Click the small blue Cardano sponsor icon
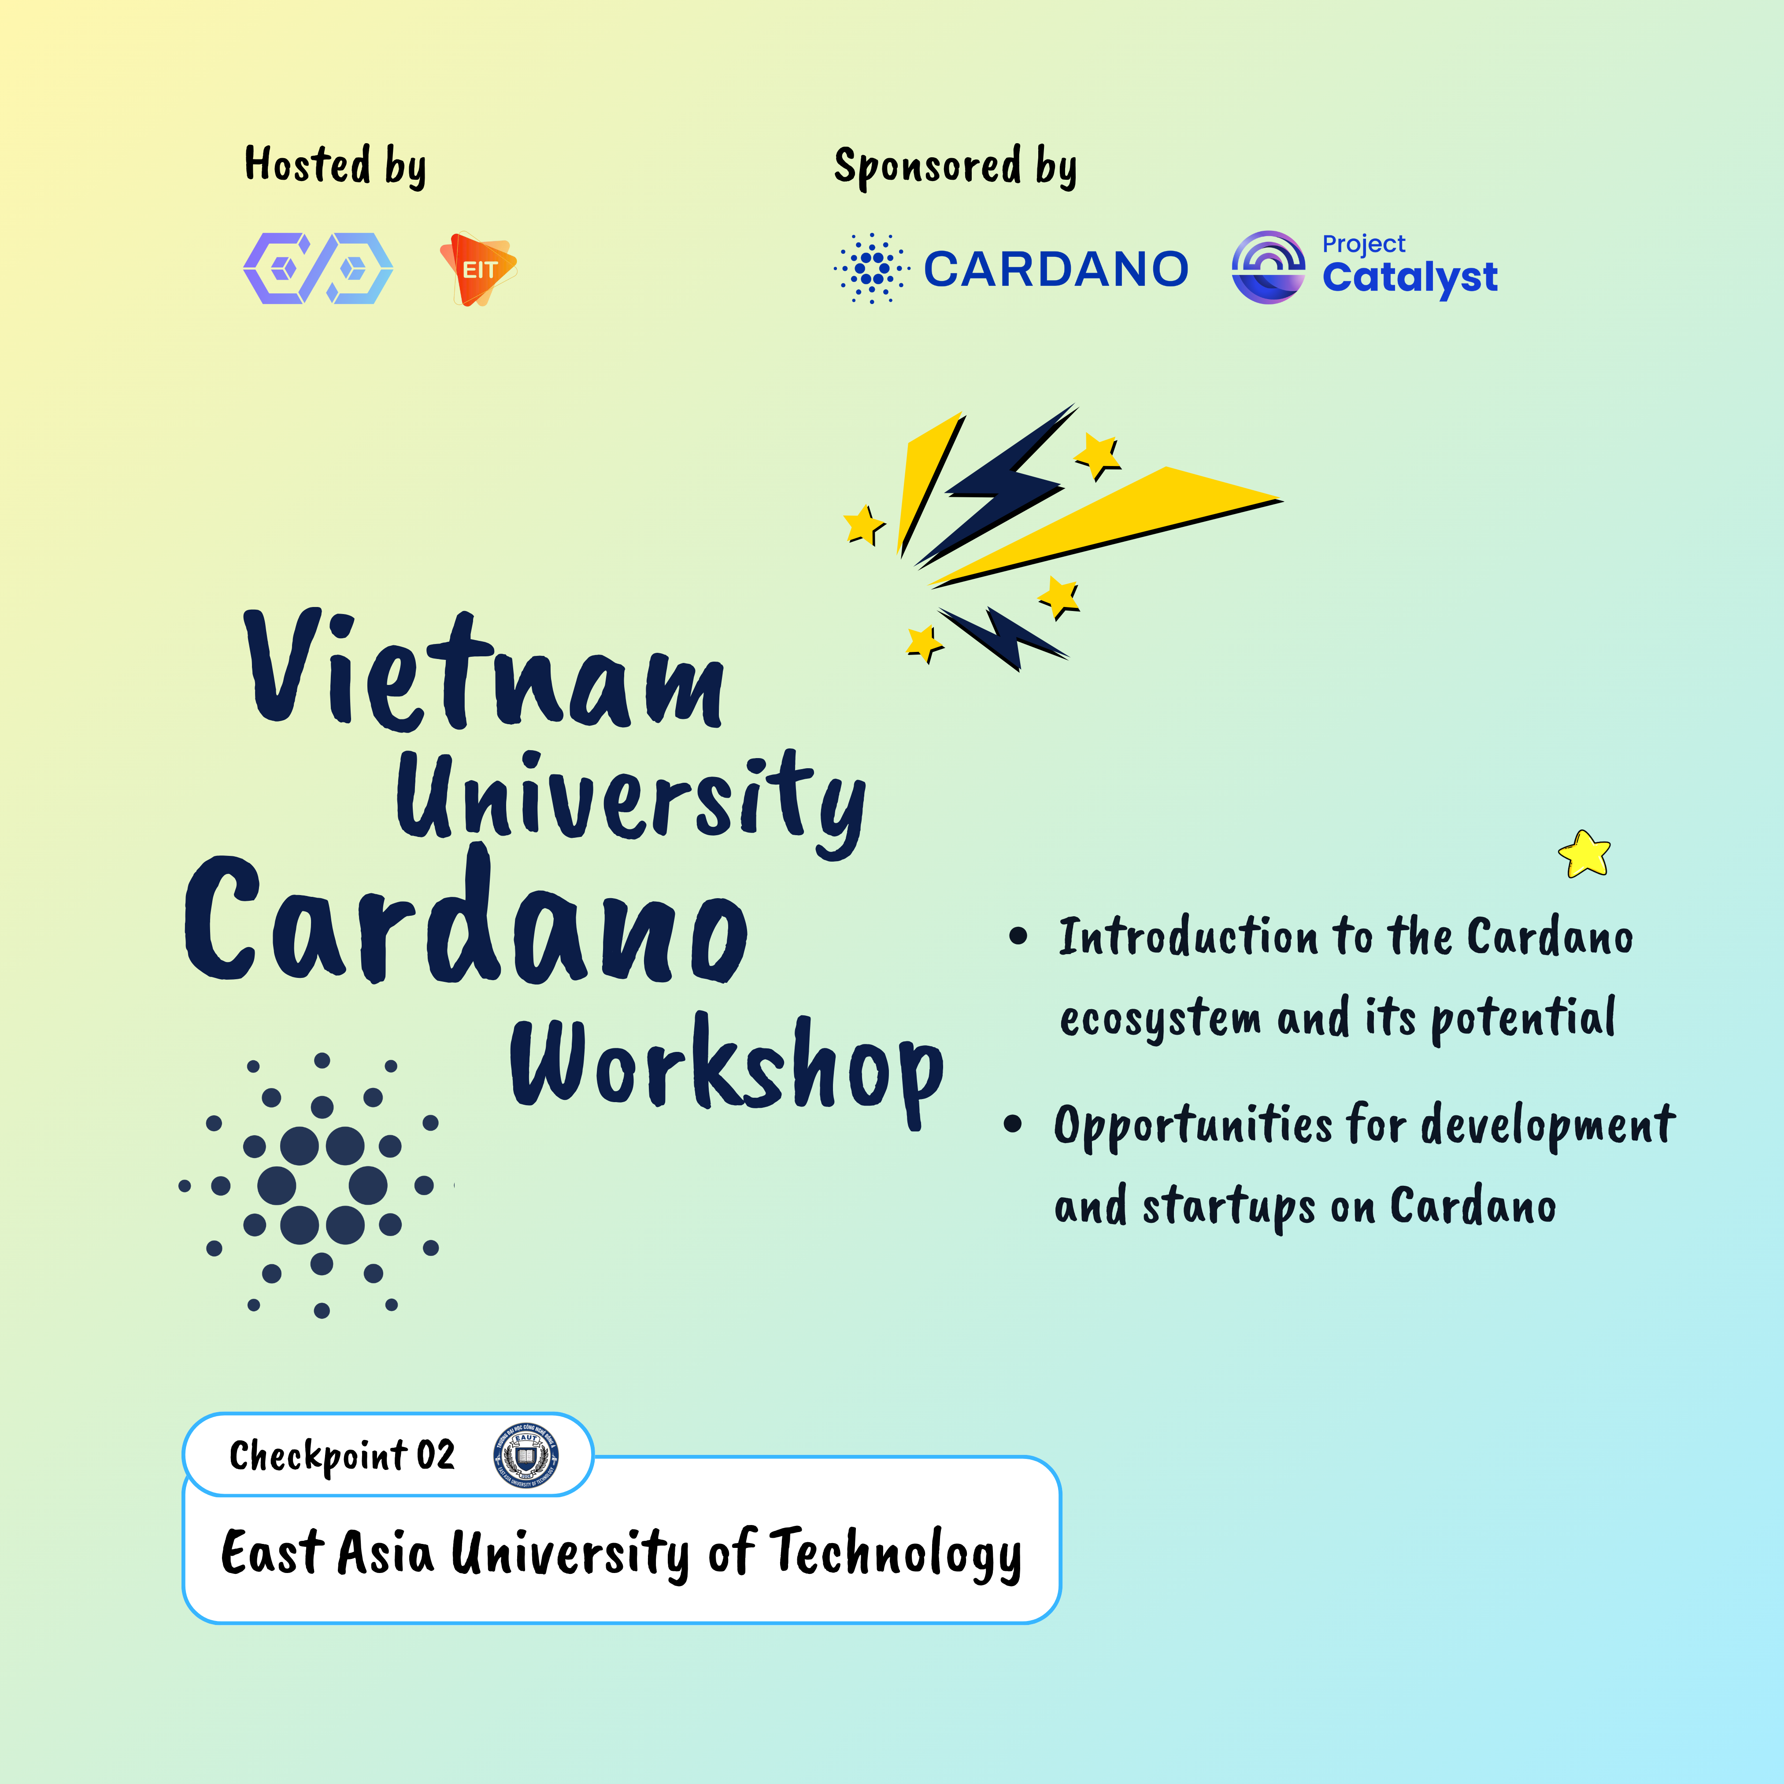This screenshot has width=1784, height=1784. pyautogui.click(x=871, y=268)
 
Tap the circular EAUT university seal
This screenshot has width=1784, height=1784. pyautogui.click(x=526, y=1456)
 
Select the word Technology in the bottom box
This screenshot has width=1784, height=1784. pyautogui.click(x=896, y=1554)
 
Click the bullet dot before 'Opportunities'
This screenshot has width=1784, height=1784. pyautogui.click(x=1013, y=1124)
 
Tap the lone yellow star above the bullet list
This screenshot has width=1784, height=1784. pyautogui.click(x=1584, y=853)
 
